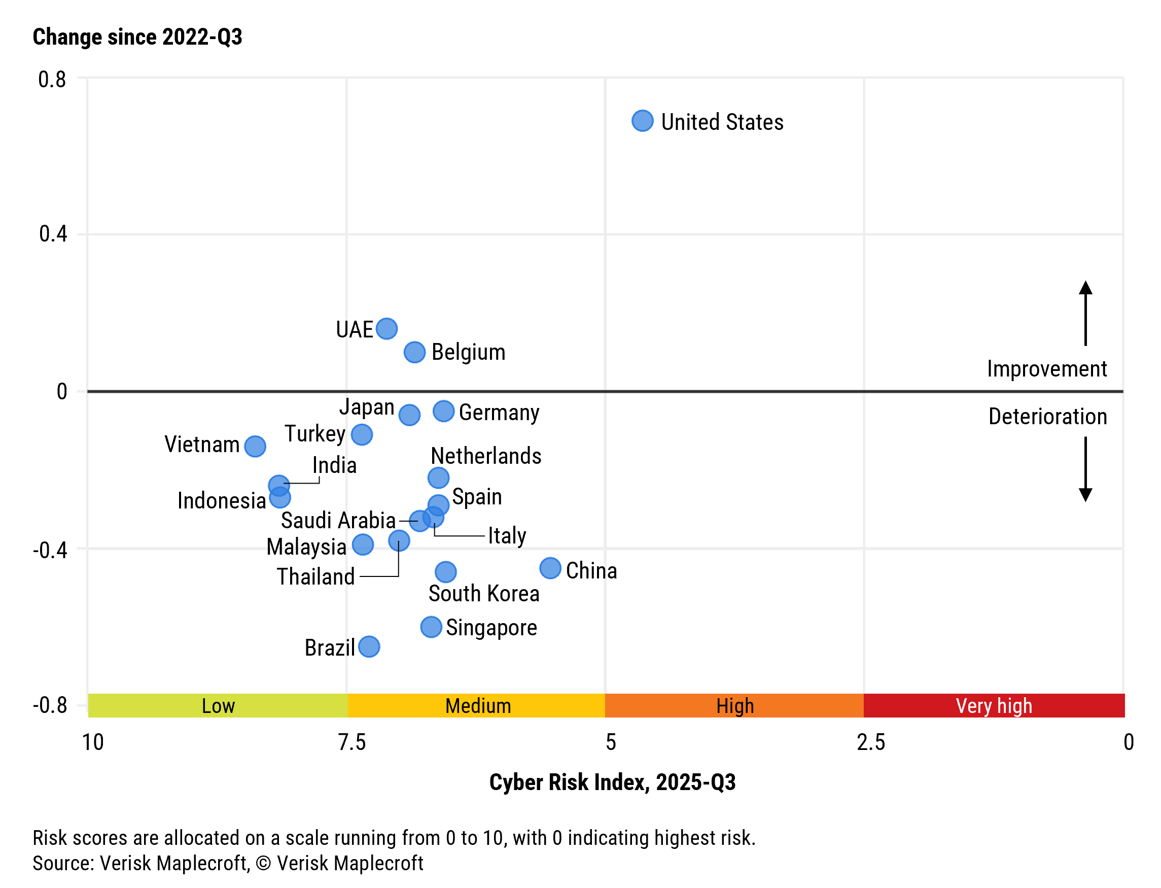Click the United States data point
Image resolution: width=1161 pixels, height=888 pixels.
(642, 121)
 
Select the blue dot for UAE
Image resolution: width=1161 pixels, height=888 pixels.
(386, 329)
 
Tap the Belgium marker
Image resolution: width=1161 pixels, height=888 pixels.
(415, 352)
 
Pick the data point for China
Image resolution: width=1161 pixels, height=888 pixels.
(550, 568)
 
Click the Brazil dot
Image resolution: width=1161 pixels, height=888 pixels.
(369, 646)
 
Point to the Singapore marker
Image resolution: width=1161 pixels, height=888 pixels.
(431, 627)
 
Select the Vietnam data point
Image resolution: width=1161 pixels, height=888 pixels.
(255, 446)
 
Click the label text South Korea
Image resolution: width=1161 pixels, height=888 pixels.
(484, 594)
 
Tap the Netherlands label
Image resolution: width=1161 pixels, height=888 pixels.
(486, 456)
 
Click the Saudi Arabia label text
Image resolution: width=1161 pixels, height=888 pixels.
(338, 521)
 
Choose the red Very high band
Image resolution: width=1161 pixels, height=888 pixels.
(994, 706)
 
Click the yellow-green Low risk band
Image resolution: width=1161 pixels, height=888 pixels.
(218, 706)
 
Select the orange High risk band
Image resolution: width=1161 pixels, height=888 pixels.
(734, 706)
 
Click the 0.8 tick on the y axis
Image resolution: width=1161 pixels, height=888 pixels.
(52, 80)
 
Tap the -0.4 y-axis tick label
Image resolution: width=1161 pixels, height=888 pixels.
(50, 550)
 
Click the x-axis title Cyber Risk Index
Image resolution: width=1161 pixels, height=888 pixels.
(612, 782)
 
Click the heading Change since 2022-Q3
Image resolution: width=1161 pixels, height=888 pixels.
(137, 37)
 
